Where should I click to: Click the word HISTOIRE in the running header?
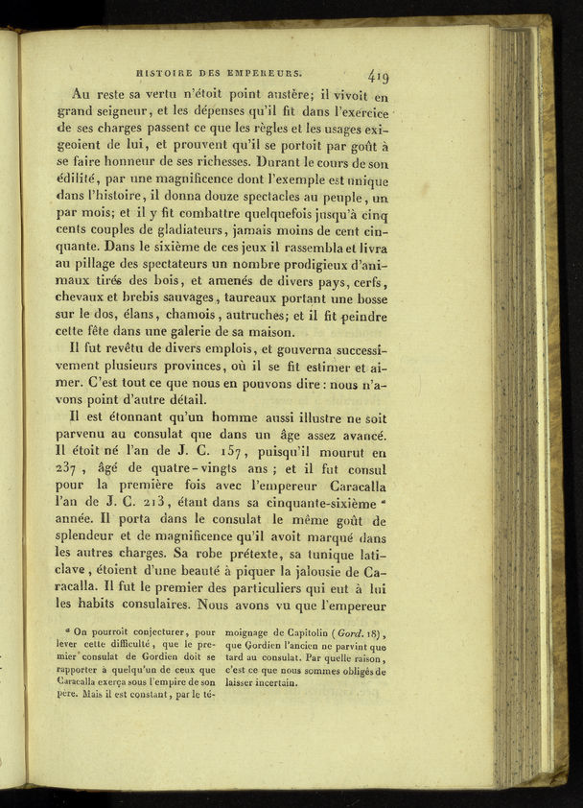169,70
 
